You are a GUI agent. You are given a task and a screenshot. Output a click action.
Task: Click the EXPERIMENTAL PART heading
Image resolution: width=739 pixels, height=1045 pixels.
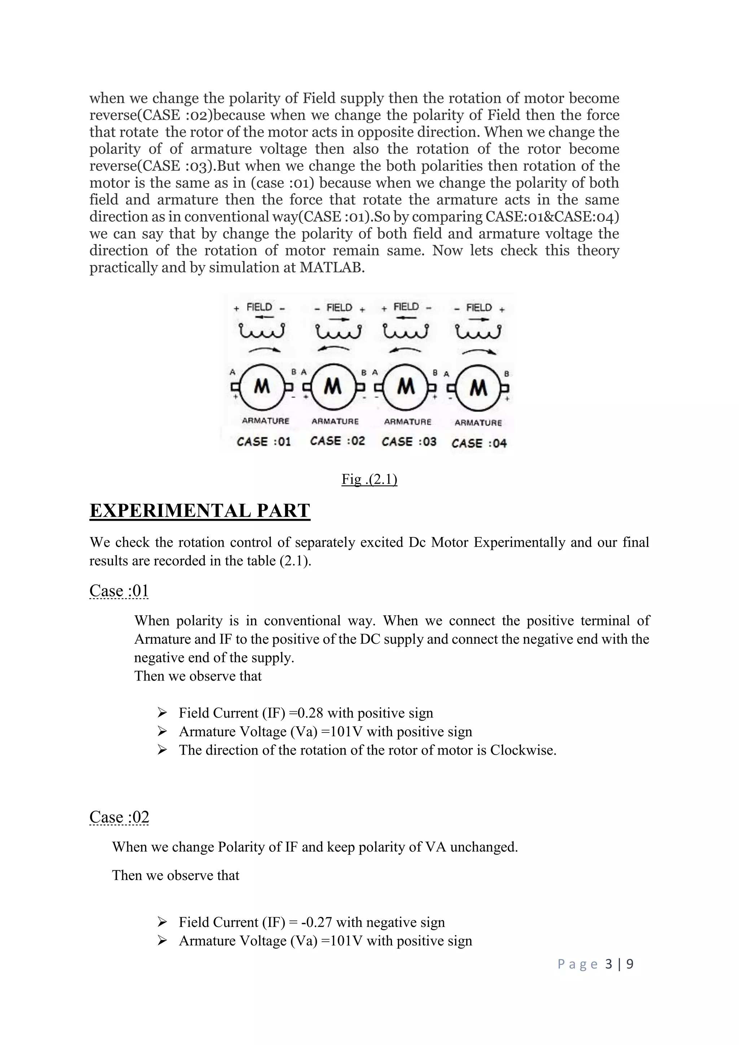(200, 511)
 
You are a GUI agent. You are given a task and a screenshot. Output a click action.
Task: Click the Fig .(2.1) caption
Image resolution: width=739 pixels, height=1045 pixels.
(369, 479)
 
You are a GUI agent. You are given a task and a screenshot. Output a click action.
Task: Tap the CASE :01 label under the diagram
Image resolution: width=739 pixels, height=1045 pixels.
(263, 441)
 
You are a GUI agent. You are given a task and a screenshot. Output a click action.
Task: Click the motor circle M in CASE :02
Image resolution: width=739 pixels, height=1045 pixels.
(333, 387)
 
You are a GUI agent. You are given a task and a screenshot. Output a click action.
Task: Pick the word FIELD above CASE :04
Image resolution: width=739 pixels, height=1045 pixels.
(479, 308)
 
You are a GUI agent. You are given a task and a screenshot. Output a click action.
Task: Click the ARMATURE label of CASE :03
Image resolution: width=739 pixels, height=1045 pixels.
(407, 421)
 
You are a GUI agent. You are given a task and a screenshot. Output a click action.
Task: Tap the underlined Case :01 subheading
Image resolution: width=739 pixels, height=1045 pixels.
(119, 591)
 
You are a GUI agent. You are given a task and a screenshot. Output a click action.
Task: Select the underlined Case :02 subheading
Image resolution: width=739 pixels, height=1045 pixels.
(119, 817)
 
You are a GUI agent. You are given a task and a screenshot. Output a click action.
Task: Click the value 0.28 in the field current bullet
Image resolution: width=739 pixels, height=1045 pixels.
(310, 713)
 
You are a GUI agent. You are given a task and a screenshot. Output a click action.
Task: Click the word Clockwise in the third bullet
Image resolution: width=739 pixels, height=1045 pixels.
(522, 750)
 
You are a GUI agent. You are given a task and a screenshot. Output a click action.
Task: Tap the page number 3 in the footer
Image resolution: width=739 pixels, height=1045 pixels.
(609, 964)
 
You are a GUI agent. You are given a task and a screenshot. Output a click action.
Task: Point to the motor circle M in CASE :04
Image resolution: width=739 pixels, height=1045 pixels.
(478, 388)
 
